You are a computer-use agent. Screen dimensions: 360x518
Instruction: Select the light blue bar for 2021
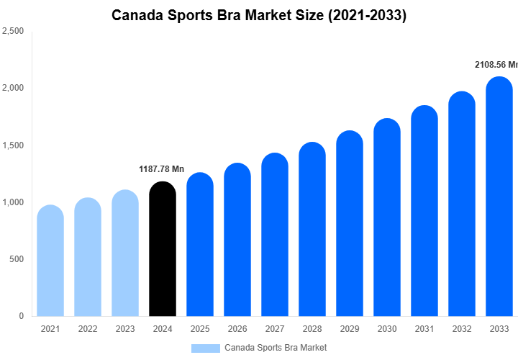pyautogui.click(x=50, y=261)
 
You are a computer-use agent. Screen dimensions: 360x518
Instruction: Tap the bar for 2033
pyautogui.click(x=499, y=196)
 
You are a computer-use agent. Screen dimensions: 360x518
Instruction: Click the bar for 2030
pyautogui.click(x=387, y=217)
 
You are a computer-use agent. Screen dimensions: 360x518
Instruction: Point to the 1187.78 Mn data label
pyautogui.click(x=161, y=169)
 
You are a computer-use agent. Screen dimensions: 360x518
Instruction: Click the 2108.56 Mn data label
pyautogui.click(x=496, y=65)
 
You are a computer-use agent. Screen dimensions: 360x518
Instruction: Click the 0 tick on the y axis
pyautogui.click(x=21, y=316)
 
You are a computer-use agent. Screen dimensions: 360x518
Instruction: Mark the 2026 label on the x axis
pyautogui.click(x=237, y=329)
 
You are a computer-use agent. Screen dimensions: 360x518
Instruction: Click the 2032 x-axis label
pyautogui.click(x=462, y=329)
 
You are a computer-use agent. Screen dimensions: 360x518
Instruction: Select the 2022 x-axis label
pyautogui.click(x=88, y=329)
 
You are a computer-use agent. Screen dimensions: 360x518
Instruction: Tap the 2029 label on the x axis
pyautogui.click(x=350, y=329)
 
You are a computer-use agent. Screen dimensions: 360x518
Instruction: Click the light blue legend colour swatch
pyautogui.click(x=205, y=348)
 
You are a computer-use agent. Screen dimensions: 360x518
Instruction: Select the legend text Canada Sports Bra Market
pyautogui.click(x=276, y=348)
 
